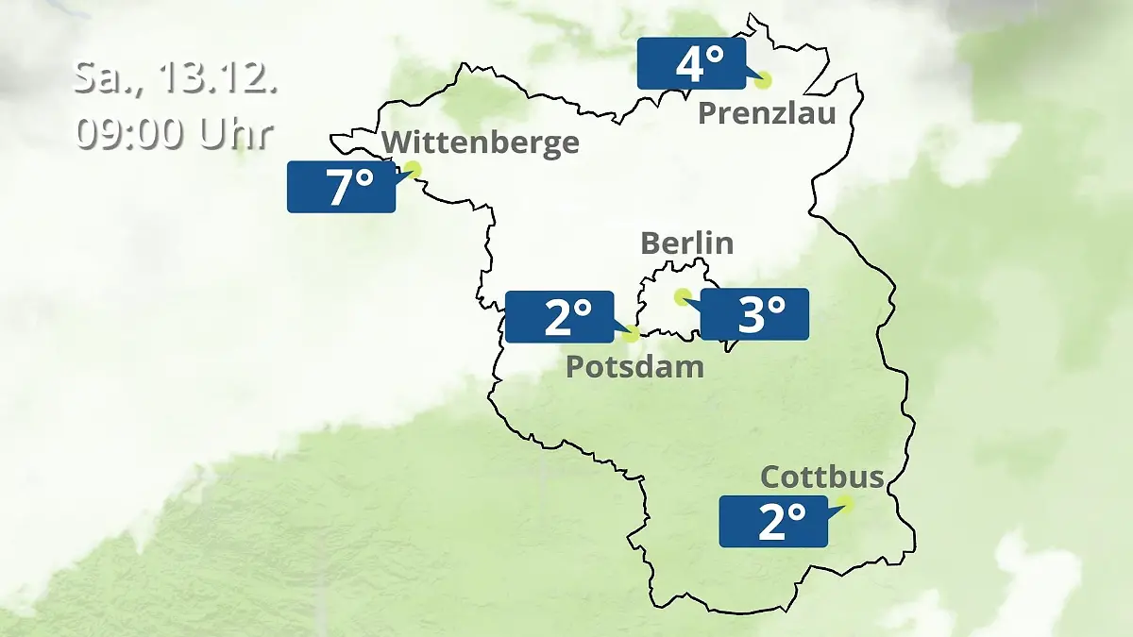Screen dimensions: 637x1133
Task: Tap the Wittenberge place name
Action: click(x=482, y=142)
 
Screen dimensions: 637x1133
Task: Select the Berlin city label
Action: click(x=686, y=243)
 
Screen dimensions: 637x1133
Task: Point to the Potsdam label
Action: click(x=634, y=366)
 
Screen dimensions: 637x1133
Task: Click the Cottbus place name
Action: click(x=821, y=477)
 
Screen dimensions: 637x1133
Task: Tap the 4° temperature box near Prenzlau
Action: click(x=691, y=64)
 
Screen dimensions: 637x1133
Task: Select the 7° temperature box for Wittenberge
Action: click(x=341, y=187)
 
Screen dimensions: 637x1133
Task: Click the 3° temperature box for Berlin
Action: click(x=754, y=314)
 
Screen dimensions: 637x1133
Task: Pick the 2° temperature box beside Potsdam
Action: click(x=560, y=317)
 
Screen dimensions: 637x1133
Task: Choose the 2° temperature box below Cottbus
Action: click(x=773, y=521)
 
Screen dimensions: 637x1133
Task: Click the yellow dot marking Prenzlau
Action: click(x=763, y=80)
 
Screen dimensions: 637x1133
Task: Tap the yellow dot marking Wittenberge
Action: click(x=412, y=170)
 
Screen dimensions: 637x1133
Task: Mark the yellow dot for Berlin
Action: click(x=682, y=296)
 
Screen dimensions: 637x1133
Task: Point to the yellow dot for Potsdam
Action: click(x=631, y=333)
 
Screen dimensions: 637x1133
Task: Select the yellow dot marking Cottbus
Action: click(x=844, y=504)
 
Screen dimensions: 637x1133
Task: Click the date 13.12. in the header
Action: click(x=217, y=77)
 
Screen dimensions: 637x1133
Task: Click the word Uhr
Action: click(x=236, y=134)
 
